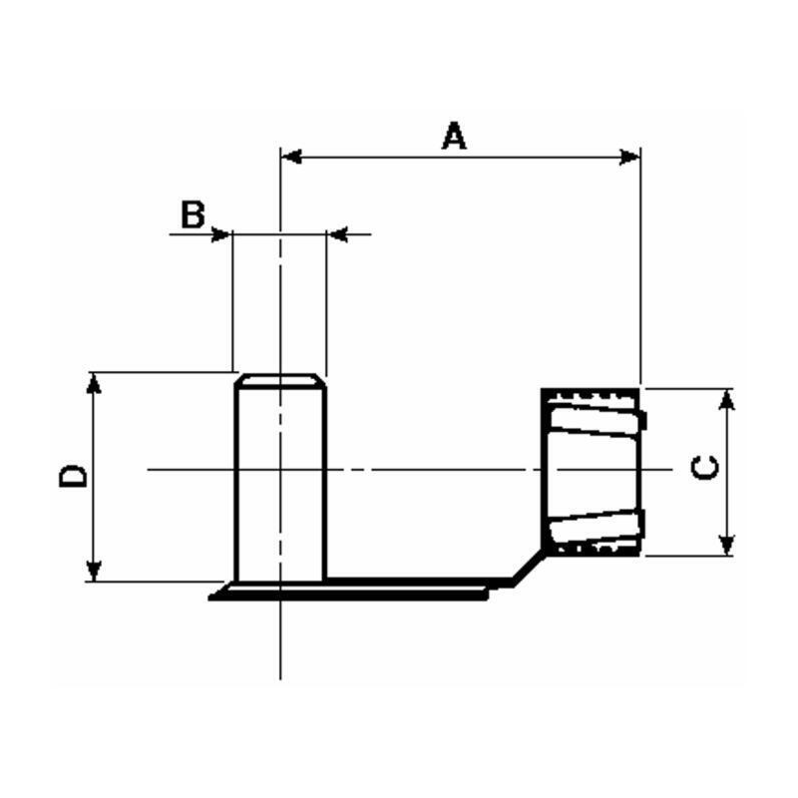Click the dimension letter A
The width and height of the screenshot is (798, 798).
pos(454,135)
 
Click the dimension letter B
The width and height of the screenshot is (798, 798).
pos(193,212)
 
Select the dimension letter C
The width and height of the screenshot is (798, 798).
pos(704,467)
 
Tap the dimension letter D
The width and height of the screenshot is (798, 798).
pos(73,475)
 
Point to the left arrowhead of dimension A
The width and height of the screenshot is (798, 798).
pos(290,157)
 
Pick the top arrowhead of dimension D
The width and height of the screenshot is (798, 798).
pos(94,382)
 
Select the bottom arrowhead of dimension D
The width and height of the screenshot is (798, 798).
pos(94,571)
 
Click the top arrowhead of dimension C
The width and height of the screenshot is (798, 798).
pos(727,398)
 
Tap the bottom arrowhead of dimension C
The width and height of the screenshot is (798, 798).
pos(727,545)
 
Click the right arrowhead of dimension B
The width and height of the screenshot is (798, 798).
pos(336,235)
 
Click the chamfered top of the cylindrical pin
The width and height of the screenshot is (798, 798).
pos(279,380)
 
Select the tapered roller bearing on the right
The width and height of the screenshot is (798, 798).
pos(593,470)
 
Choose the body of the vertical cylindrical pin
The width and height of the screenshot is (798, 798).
pos(279,479)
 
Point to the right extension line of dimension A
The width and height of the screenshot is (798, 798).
pos(639,269)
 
